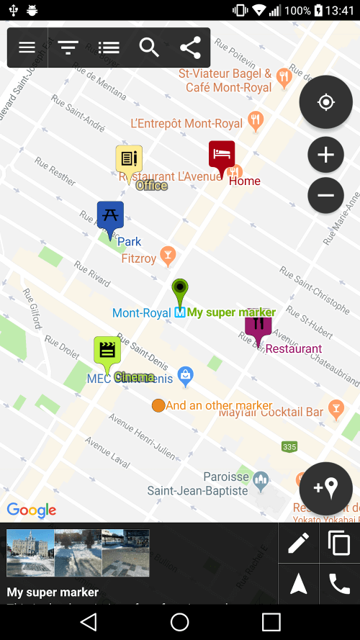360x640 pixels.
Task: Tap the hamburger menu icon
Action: pyautogui.click(x=27, y=48)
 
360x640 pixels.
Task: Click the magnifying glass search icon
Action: pyautogui.click(x=149, y=48)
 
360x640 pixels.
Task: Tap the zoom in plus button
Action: pyautogui.click(x=325, y=155)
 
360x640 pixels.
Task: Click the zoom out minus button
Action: pyautogui.click(x=325, y=195)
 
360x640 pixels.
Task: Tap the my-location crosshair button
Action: pyautogui.click(x=325, y=102)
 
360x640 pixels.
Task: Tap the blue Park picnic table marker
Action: pyautogui.click(x=110, y=217)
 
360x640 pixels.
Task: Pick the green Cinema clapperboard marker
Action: pyautogui.click(x=107, y=352)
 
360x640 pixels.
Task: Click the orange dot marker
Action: pyautogui.click(x=158, y=405)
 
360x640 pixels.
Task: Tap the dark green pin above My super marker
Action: pyautogui.click(x=180, y=292)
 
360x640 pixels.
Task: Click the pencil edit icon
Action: pyautogui.click(x=298, y=543)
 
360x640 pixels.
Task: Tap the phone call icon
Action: pyautogui.click(x=339, y=584)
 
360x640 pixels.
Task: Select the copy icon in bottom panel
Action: pyautogui.click(x=339, y=543)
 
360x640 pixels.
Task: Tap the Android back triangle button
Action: pyautogui.click(x=88, y=621)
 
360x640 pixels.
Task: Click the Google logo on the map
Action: pyautogui.click(x=32, y=510)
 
